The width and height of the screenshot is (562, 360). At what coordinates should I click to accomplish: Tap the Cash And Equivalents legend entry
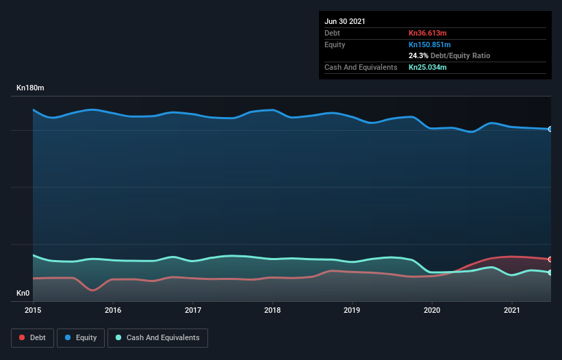click(157, 337)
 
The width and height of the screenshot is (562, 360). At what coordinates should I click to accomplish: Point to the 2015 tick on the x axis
click(33, 310)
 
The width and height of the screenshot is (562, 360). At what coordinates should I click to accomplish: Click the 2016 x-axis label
click(113, 310)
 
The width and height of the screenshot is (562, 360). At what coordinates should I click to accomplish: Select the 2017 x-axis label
click(193, 310)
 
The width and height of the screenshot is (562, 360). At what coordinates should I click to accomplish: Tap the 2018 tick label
click(272, 310)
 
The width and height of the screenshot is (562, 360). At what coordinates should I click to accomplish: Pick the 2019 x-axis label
click(353, 310)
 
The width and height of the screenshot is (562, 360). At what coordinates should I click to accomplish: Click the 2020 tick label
click(432, 310)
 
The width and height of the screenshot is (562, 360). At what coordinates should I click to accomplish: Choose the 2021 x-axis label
click(512, 310)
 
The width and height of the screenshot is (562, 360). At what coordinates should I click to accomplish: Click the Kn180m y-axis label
click(31, 88)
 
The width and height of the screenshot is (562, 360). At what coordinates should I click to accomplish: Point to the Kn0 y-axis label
click(24, 294)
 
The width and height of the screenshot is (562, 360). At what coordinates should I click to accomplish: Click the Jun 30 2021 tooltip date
click(345, 21)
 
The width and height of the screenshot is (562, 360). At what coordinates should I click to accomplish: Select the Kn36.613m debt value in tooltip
click(427, 33)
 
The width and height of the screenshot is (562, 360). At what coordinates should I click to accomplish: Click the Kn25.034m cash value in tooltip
click(428, 67)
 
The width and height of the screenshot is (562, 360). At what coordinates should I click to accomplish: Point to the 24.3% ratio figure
click(418, 55)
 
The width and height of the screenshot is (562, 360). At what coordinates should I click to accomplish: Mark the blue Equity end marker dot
click(550, 129)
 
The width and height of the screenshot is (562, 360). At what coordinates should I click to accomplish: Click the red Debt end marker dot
click(550, 259)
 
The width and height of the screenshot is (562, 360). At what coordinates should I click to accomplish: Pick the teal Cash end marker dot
click(550, 272)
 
